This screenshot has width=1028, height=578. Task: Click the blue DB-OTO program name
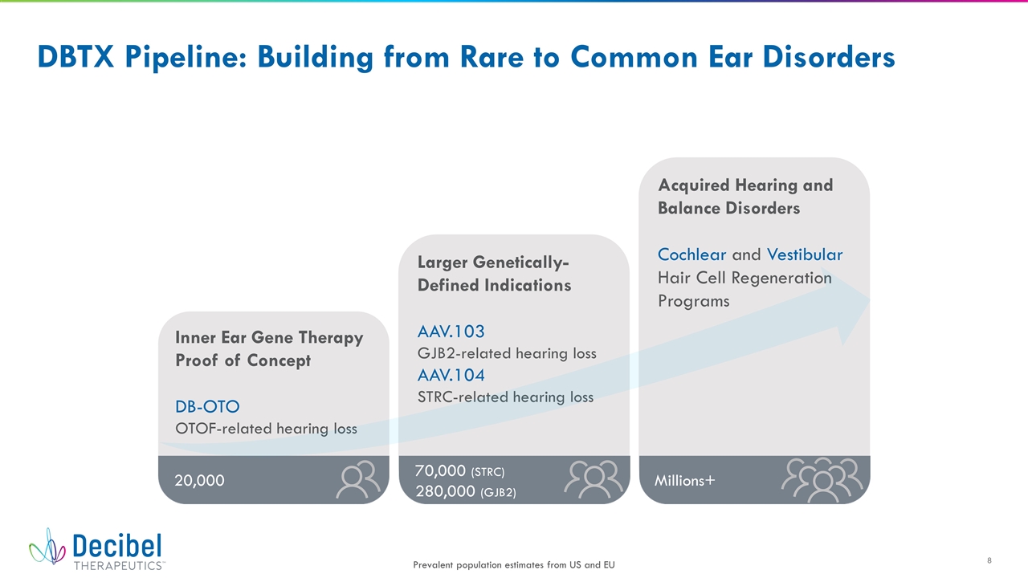click(207, 406)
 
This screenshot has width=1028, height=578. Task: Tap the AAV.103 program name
click(451, 332)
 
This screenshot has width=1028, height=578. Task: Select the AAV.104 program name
click(451, 375)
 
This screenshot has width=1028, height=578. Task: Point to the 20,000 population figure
click(200, 480)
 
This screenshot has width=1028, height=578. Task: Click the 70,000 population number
click(441, 470)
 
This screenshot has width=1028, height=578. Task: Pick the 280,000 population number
click(445, 491)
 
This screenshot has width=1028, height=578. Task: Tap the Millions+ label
click(685, 480)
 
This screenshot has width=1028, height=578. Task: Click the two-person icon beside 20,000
click(358, 479)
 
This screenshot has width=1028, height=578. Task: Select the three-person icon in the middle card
click(594, 479)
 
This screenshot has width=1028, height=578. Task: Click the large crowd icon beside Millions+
click(822, 480)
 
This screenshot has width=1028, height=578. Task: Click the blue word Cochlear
click(692, 254)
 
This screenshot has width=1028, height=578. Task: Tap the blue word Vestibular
click(805, 254)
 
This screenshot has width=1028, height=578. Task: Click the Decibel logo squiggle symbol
click(47, 547)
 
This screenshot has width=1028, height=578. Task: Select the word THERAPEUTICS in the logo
click(119, 565)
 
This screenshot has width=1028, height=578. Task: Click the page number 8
click(989, 560)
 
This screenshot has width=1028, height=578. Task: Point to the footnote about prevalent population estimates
click(514, 564)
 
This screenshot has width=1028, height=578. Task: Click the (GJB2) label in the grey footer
click(499, 493)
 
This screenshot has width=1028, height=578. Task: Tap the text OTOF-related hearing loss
click(266, 429)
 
